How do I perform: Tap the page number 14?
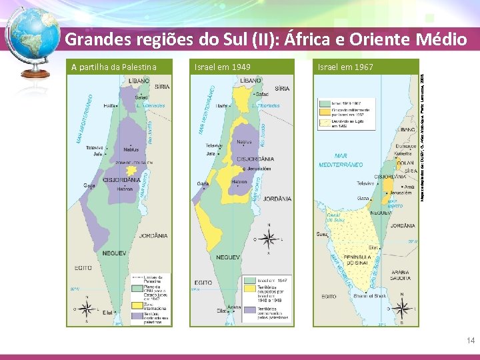tap(471, 341)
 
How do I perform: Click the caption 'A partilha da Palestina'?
tap(114, 67)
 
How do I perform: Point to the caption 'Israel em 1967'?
tap(345, 67)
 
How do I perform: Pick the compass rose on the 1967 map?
tap(402, 307)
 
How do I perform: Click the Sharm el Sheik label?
tap(369, 296)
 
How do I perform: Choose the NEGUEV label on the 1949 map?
tap(229, 257)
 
